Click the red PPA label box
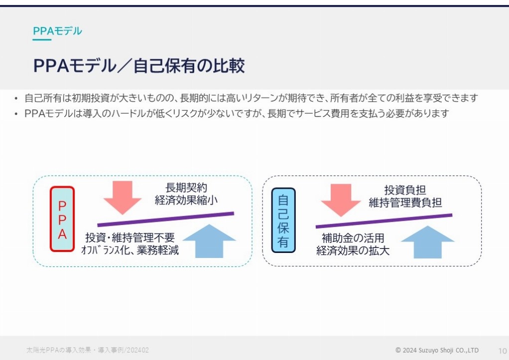click(62, 219)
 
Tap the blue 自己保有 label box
click(283, 220)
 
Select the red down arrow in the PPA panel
click(123, 197)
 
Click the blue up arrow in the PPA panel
click(209, 241)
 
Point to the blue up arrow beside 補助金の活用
click(427, 242)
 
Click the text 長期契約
click(186, 188)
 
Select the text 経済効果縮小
click(186, 200)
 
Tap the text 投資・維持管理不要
click(130, 238)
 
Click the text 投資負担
click(405, 190)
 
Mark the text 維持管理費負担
click(405, 203)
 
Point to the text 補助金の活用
click(353, 238)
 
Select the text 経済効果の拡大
click(353, 250)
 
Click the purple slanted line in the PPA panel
click(165, 219)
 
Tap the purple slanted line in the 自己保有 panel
click(383, 221)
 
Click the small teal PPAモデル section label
click(57, 31)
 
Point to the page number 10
click(503, 351)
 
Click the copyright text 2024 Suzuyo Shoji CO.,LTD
click(440, 350)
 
